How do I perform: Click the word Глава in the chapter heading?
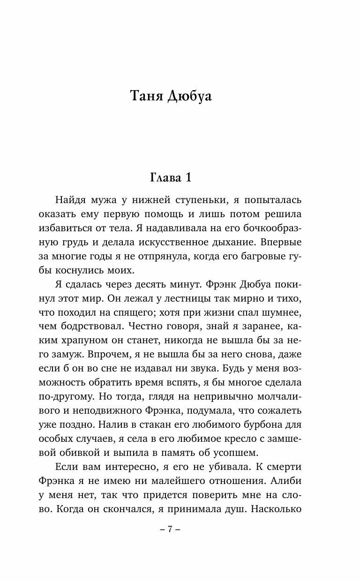point(165,178)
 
